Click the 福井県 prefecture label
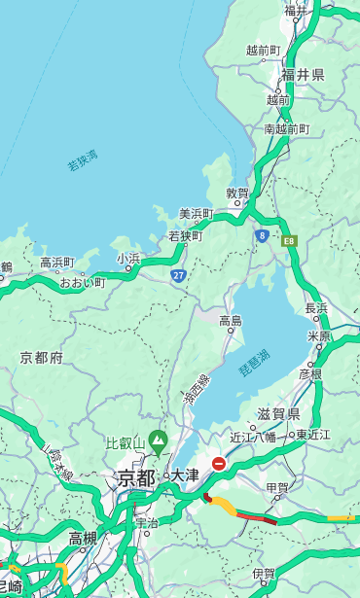point(303,75)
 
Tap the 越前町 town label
point(263,50)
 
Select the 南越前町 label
point(286,128)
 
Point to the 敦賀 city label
point(237,193)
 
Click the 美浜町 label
point(196,214)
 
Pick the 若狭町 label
point(185,235)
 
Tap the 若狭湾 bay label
point(82,160)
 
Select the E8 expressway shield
point(289,239)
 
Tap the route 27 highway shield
point(179,276)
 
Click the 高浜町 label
point(56,263)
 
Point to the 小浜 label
point(128,259)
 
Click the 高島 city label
point(231,321)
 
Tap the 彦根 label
point(310,373)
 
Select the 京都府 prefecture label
point(42,358)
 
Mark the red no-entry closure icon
point(219,464)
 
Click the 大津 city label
point(185,475)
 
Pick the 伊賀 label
point(263,574)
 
